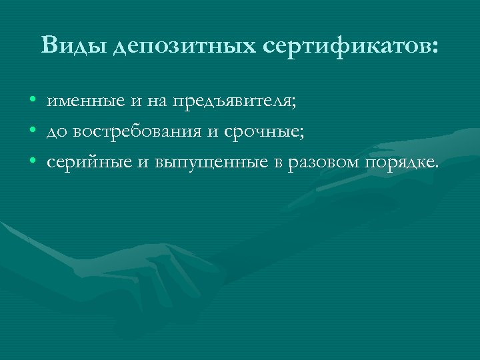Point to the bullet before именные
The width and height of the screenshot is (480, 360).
pos(33,102)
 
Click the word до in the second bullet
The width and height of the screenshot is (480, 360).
pos(55,133)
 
